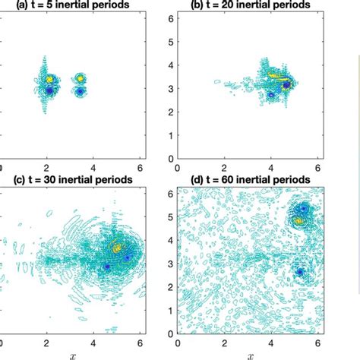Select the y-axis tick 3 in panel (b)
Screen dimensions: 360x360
[171, 88]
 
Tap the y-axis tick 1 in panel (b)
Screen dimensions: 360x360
[171, 136]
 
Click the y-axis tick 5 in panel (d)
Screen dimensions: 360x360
[171, 216]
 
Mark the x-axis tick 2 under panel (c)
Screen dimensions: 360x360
[46, 343]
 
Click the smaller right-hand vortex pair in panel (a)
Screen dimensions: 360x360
[79, 84]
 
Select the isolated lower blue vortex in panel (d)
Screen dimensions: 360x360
[300, 272]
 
